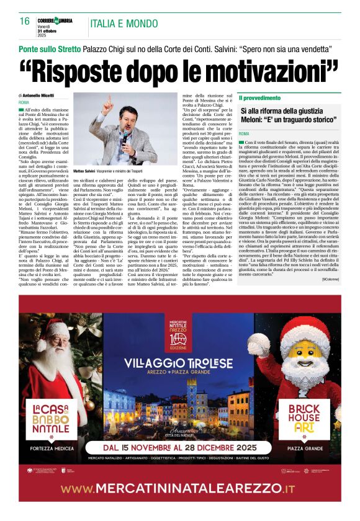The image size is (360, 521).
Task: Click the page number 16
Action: pyautogui.click(x=25, y=21)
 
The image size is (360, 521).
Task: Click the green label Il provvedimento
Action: pyautogui.click(x=258, y=98)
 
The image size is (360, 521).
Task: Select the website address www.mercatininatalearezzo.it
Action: pyautogui.click(x=180, y=488)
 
